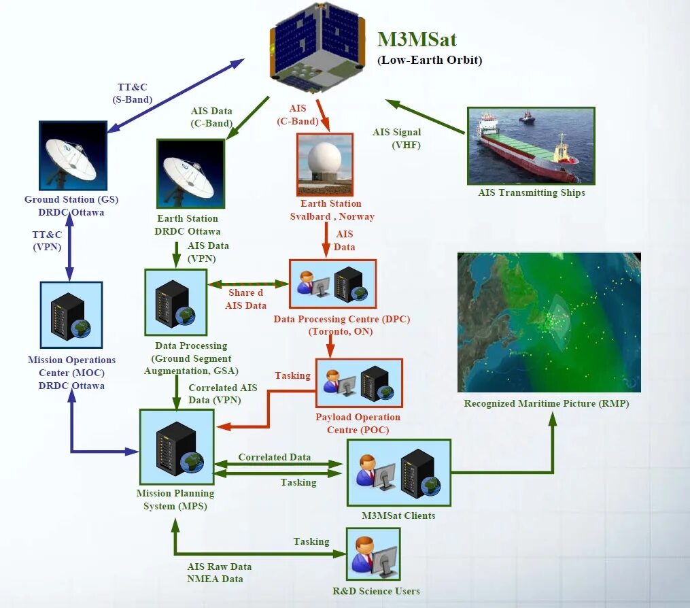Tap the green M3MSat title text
tap(417, 39)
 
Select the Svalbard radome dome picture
tap(325, 164)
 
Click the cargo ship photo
tap(531, 146)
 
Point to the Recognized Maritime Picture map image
tap(549, 322)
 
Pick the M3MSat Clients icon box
tap(399, 472)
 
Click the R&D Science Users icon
tap(373, 554)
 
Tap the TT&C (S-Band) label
tap(132, 93)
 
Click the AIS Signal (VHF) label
tap(396, 138)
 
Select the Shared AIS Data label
tap(245, 299)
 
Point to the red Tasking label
tap(292, 375)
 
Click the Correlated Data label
tap(274, 457)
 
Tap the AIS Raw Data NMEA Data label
tap(219, 573)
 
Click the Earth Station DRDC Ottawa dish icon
tap(190, 174)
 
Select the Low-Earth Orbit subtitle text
tap(430, 60)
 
